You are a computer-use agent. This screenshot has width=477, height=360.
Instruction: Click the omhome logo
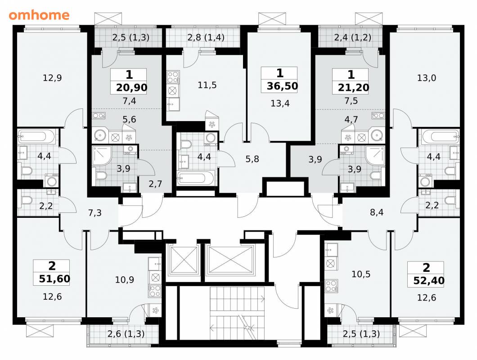click(x=39, y=14)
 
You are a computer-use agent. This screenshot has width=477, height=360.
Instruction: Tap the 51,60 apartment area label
click(x=54, y=279)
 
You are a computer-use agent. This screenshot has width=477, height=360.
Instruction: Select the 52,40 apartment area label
click(x=429, y=280)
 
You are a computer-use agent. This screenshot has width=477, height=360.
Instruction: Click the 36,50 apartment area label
click(x=282, y=86)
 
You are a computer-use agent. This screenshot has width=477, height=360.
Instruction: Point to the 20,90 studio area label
click(x=132, y=88)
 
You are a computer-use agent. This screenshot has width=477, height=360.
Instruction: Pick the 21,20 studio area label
click(x=354, y=88)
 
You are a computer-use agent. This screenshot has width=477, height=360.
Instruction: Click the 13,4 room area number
click(x=280, y=103)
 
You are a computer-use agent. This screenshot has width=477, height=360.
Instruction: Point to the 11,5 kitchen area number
click(x=207, y=85)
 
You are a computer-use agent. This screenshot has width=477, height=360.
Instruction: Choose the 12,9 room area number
click(x=52, y=78)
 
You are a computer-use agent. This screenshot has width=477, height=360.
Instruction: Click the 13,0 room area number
click(x=426, y=78)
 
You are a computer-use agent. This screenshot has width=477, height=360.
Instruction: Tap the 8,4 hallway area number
click(x=377, y=212)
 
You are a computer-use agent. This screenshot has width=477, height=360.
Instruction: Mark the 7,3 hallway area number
click(x=94, y=213)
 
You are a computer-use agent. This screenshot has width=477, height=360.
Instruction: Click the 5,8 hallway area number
click(x=252, y=158)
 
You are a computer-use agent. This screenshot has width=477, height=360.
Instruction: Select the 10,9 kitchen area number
click(x=124, y=279)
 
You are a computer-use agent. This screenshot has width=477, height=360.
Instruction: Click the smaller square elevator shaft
click(x=183, y=260)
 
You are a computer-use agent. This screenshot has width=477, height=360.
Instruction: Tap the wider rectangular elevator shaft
click(x=229, y=260)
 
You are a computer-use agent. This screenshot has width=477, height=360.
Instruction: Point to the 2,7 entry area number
click(x=155, y=184)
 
